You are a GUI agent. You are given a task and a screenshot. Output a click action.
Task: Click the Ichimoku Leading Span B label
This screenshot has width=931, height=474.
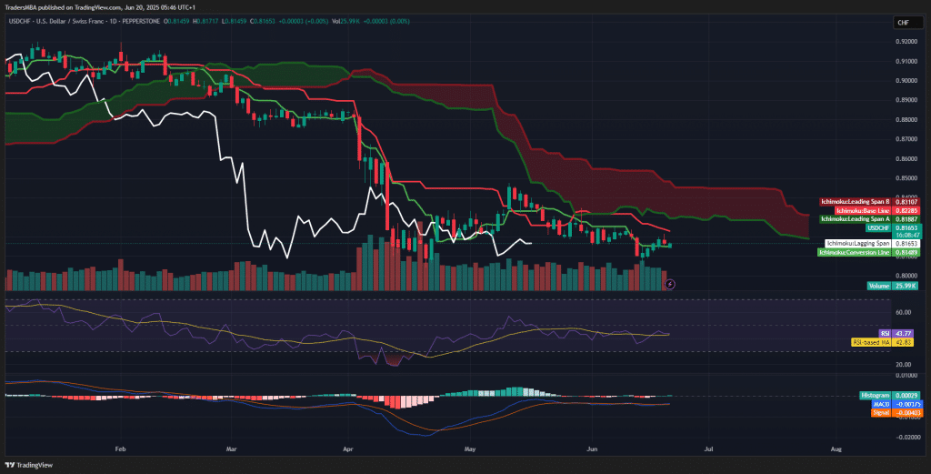click(x=855, y=201)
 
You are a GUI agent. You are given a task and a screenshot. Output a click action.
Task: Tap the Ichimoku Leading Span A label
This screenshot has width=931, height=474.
click(x=855, y=219)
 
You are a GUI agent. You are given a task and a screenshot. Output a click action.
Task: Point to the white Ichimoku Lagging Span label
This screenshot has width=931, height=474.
click(x=857, y=244)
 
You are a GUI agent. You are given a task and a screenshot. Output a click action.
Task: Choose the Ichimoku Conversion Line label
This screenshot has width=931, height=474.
click(x=854, y=252)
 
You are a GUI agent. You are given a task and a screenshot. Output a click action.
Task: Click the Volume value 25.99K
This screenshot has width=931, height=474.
click(x=904, y=286)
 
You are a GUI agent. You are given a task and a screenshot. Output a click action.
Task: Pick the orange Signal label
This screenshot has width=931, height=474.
click(x=879, y=412)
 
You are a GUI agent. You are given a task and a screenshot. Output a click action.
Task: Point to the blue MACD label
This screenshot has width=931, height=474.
click(x=879, y=403)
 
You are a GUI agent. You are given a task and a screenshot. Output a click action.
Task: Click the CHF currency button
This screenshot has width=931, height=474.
click(x=903, y=22)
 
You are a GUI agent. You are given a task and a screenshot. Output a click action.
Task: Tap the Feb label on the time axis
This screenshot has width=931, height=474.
click(x=119, y=449)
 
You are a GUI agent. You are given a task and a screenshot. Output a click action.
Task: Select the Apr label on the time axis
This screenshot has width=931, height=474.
click(x=349, y=449)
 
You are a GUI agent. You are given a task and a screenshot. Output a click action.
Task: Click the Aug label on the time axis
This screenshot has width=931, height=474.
click(x=836, y=449)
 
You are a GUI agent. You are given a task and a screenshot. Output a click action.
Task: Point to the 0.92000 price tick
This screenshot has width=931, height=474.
click(x=906, y=41)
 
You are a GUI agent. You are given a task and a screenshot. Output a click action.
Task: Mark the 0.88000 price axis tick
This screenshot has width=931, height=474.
click(x=906, y=119)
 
